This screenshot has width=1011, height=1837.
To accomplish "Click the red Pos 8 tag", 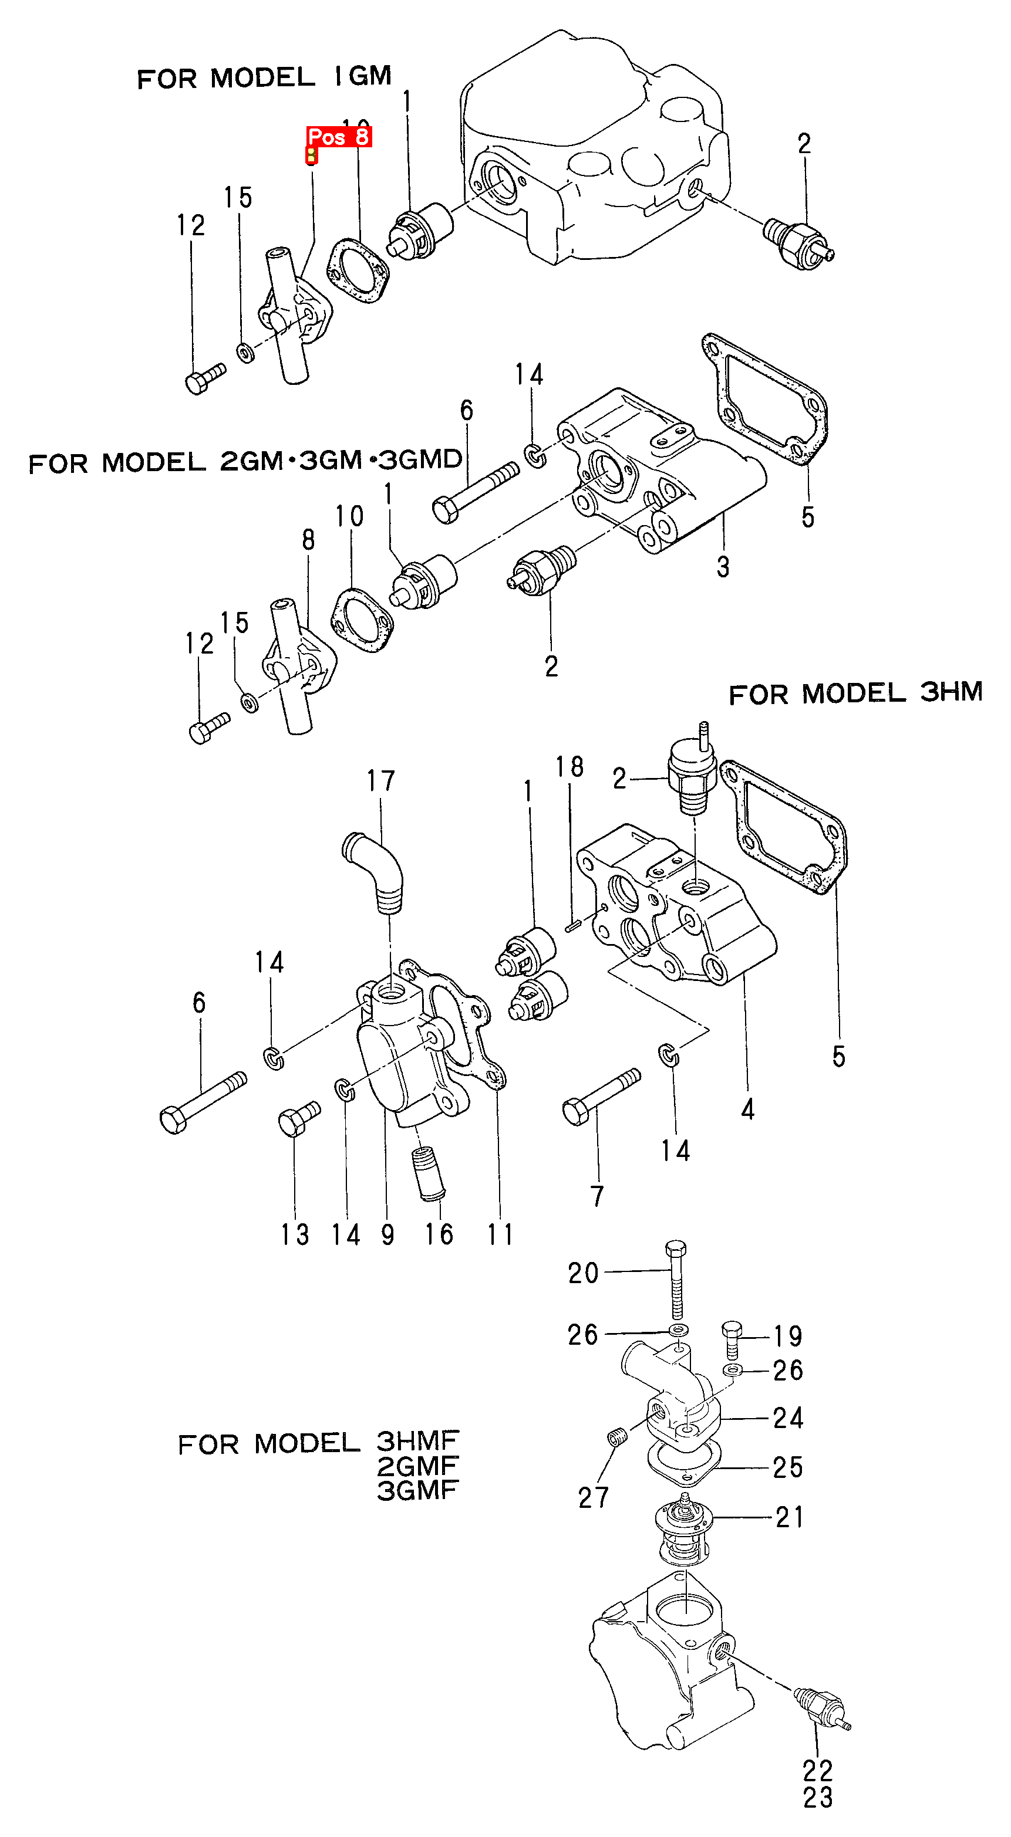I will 338,136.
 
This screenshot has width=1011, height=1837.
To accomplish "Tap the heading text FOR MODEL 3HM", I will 855,692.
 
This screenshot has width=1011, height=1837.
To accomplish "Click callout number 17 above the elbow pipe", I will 380,781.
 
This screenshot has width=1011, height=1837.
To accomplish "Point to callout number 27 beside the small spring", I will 593,1497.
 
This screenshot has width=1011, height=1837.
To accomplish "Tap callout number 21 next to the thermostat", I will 789,1517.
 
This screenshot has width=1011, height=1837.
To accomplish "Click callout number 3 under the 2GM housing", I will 723,567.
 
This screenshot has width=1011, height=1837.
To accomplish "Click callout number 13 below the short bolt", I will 295,1234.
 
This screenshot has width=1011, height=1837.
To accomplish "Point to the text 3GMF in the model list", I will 417,1490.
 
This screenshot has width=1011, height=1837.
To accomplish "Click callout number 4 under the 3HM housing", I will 747,1109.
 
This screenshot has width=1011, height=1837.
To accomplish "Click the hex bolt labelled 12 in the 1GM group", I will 204,378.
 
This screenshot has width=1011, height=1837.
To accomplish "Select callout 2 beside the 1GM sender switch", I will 804,144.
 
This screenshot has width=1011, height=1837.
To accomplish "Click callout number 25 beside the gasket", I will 788,1467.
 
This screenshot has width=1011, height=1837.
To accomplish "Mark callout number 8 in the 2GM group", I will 308,540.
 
